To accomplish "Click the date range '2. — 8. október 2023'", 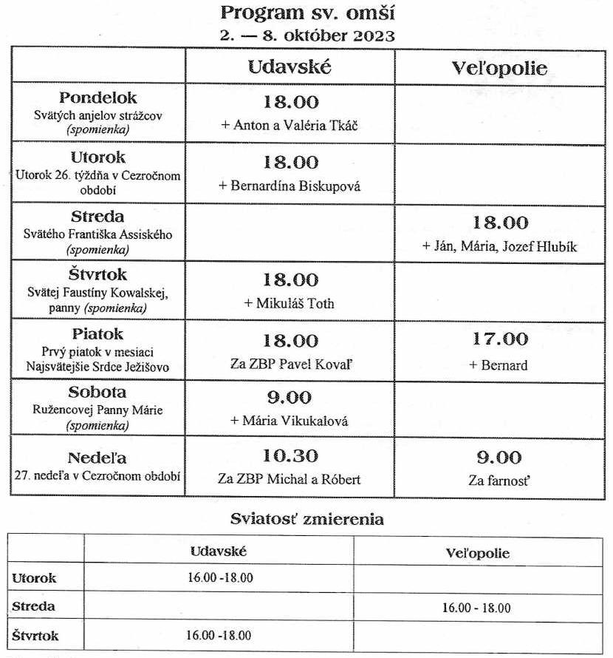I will click(x=306, y=34).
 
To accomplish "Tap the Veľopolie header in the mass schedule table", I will click(x=499, y=69).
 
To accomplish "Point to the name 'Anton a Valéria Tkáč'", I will click(x=290, y=125).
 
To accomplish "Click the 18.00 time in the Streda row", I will click(x=499, y=223).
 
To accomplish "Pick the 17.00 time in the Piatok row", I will click(x=499, y=339).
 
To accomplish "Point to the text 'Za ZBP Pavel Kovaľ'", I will click(x=290, y=364).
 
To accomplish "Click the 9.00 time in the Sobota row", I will click(x=290, y=398).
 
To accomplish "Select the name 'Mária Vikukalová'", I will click(x=290, y=421).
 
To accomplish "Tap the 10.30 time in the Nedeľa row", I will click(x=290, y=455).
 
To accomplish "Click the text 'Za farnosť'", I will click(x=499, y=481).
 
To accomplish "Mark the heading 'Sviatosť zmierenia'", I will click(x=306, y=519).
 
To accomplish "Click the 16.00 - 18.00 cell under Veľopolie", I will click(x=476, y=608).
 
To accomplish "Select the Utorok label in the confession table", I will click(x=34, y=578).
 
